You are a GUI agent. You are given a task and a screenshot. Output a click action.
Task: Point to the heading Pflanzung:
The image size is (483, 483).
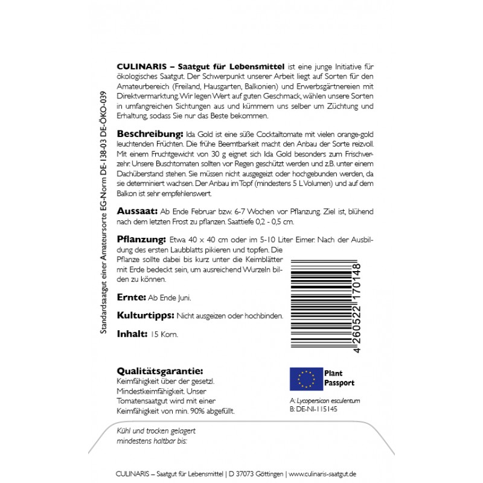pos(138,238)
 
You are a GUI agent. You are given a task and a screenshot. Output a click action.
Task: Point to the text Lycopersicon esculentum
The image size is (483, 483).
pos(327,400)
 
